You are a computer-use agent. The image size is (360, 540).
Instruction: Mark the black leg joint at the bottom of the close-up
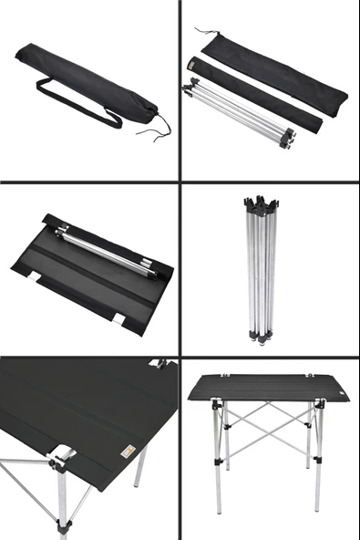[x=62, y=526]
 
